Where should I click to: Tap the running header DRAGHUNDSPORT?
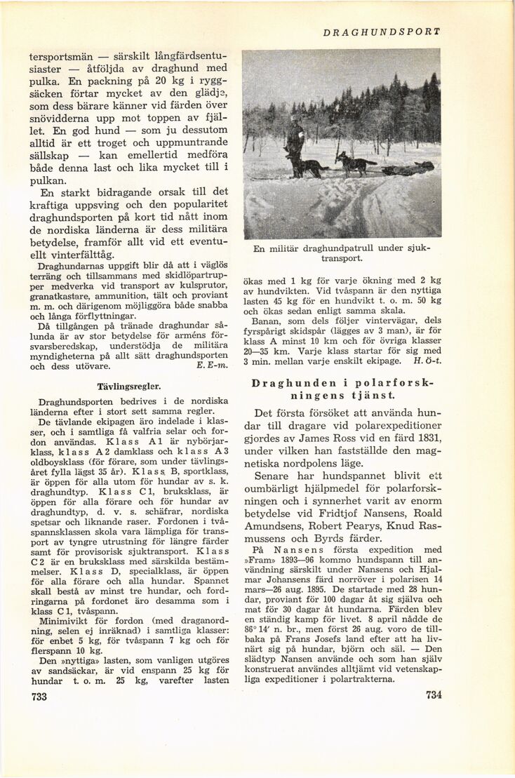(x=382, y=32)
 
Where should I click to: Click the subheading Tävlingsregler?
(x=130, y=386)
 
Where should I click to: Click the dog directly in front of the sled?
(x=355, y=165)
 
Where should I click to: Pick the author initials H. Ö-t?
(x=427, y=361)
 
